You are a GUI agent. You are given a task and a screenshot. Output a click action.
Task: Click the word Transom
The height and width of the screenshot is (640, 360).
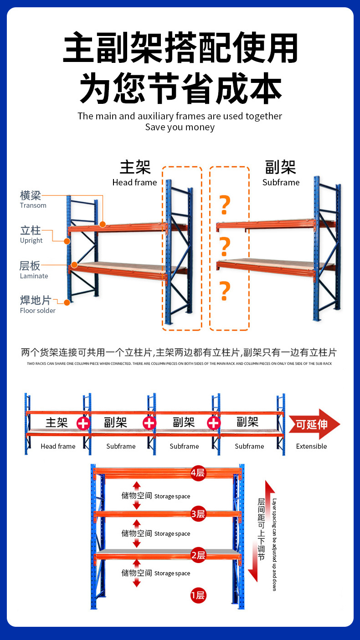(33, 205)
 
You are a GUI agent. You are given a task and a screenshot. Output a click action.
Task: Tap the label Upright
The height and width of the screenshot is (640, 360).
(31, 241)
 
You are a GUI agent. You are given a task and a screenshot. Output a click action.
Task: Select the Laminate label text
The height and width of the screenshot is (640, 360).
(34, 276)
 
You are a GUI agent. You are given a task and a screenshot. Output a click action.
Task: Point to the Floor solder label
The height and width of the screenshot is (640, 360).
(37, 311)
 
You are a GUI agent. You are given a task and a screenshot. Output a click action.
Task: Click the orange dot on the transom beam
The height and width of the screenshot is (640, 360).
(103, 224)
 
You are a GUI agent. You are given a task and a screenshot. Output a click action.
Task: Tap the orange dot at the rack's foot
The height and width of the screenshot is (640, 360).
(67, 302)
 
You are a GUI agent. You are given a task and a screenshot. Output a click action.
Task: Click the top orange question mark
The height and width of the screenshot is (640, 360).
(225, 205)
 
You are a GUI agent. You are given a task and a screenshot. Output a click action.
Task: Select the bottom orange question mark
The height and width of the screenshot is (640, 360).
(225, 292)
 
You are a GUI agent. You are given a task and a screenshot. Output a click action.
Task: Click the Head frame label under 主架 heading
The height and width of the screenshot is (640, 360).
(134, 183)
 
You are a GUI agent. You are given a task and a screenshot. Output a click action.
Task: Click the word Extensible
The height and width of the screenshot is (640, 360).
(311, 446)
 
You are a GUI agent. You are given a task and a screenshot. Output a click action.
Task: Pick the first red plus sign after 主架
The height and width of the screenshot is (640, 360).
(83, 423)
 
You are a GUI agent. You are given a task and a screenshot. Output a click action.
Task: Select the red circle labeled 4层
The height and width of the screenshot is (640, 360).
(198, 473)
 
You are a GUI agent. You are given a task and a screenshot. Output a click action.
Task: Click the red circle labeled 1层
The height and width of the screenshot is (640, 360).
(198, 595)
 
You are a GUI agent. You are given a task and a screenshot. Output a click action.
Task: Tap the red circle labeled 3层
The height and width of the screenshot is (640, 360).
(198, 515)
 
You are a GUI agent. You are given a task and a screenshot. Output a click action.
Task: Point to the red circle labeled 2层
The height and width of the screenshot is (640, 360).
(198, 555)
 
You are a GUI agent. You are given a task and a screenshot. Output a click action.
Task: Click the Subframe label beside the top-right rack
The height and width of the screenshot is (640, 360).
(281, 183)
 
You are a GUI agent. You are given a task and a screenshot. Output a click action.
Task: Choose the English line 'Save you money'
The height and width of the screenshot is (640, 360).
(180, 128)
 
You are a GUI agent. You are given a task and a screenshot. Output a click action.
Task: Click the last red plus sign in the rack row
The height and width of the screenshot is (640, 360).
(214, 423)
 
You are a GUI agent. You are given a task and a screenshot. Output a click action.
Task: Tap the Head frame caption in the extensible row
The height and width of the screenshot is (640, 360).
(58, 446)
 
